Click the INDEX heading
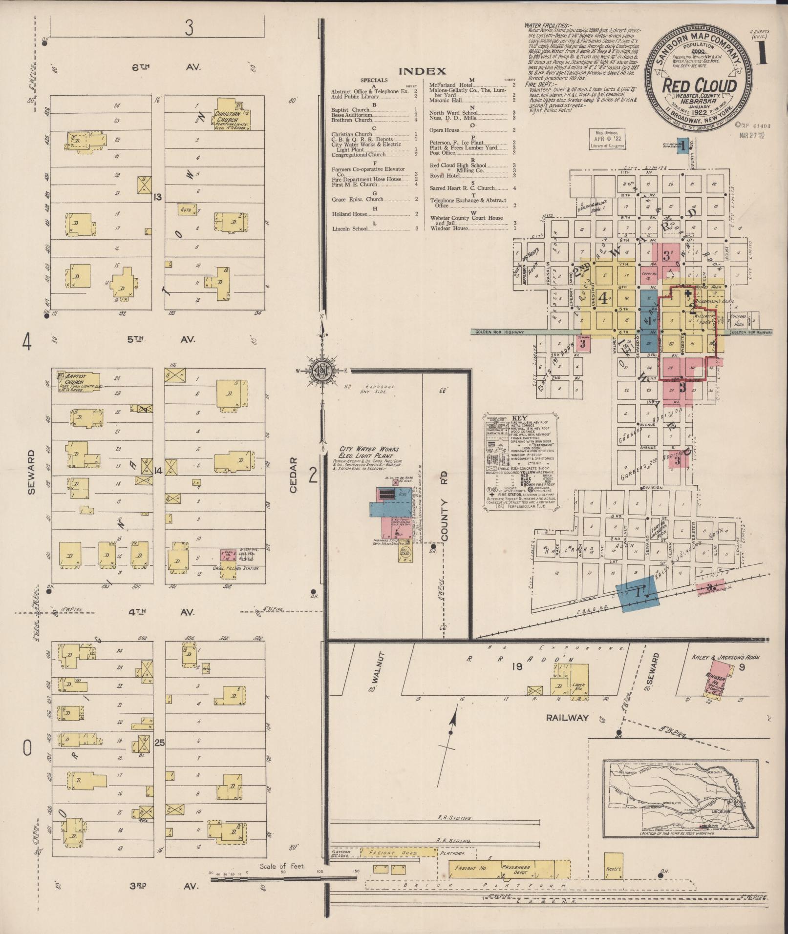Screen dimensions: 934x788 [x=423, y=71]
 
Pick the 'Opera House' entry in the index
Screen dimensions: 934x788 [x=444, y=130]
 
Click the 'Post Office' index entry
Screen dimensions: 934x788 [x=442, y=153]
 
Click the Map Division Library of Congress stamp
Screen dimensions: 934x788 [x=606, y=139]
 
